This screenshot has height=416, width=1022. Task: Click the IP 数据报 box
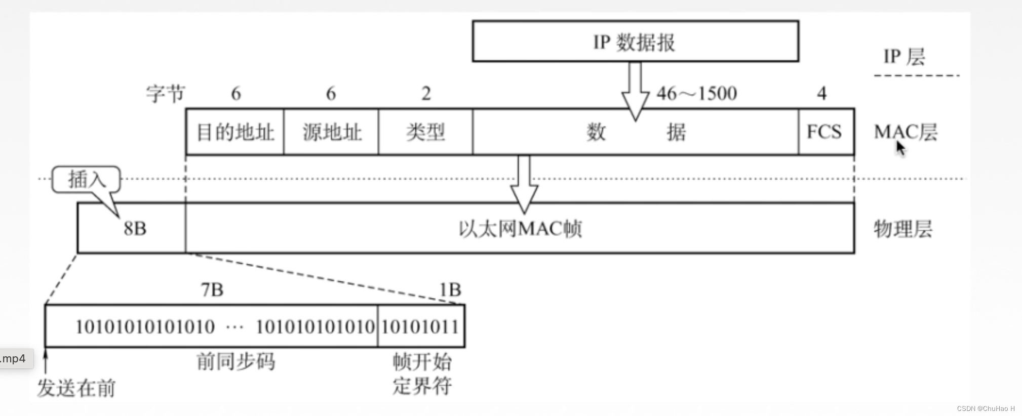click(x=635, y=41)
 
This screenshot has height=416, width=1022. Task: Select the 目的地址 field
click(x=235, y=132)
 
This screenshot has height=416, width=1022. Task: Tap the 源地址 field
click(x=331, y=132)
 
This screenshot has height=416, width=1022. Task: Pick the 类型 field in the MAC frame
click(x=425, y=132)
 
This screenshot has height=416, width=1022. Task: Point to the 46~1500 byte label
click(x=696, y=94)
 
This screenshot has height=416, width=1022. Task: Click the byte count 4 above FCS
click(x=821, y=94)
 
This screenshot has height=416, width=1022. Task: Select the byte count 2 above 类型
click(x=426, y=94)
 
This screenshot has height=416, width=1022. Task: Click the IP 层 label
click(x=905, y=57)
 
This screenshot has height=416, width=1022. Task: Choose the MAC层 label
click(x=906, y=132)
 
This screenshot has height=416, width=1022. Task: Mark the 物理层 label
click(x=903, y=229)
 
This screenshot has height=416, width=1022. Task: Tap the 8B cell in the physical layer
click(x=135, y=229)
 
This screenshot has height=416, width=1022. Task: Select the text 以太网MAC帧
click(x=520, y=229)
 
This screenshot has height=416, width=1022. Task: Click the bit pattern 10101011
click(x=420, y=327)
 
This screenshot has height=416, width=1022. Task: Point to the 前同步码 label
click(x=236, y=361)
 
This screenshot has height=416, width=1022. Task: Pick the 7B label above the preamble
click(x=212, y=290)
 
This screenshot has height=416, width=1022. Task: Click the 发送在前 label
click(x=76, y=388)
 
